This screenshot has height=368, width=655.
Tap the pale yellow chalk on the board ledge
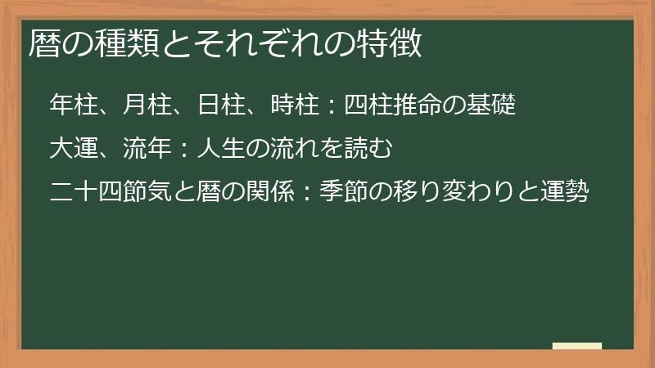pos(576,346)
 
